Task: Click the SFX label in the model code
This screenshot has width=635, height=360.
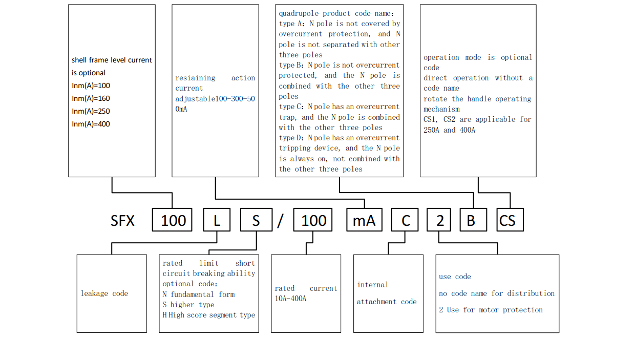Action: point(122,221)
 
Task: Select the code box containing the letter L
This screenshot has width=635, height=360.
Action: point(217,221)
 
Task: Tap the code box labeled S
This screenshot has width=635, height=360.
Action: point(256,221)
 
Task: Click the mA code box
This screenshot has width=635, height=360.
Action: point(364,221)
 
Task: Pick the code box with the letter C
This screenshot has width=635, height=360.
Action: point(406,221)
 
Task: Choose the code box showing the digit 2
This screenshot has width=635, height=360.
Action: point(440,221)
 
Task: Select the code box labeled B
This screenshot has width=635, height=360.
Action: point(471,221)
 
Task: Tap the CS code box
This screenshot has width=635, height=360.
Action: point(507,221)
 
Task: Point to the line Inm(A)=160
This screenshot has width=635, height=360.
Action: point(91,98)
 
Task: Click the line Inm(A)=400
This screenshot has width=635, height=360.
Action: point(91,124)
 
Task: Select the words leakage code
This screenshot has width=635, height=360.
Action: point(104,293)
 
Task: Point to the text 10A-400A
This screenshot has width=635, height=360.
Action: point(290,299)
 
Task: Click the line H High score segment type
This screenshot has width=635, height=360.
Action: point(208,315)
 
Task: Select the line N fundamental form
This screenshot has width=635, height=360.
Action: point(199,294)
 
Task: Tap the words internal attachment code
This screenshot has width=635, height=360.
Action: point(387,293)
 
